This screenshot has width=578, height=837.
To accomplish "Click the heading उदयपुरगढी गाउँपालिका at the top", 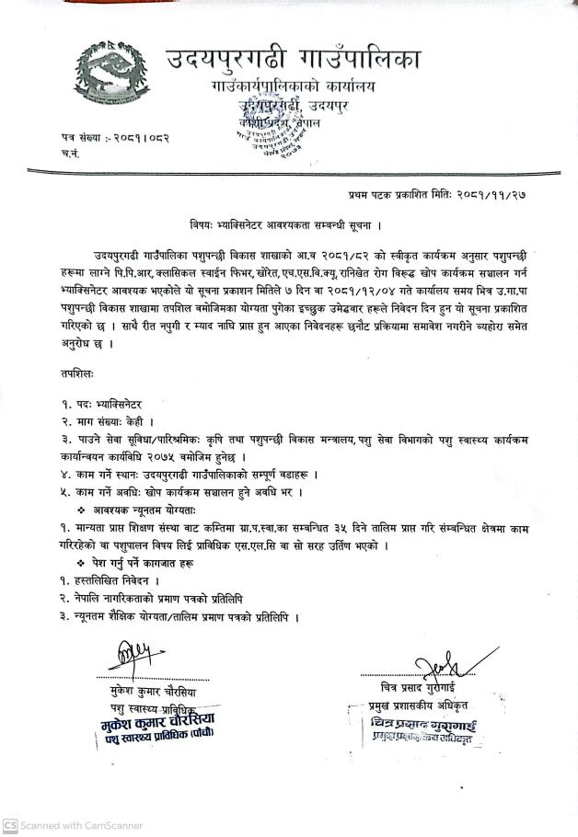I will [x=293, y=60].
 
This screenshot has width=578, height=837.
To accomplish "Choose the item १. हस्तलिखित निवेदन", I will [x=114, y=580].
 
